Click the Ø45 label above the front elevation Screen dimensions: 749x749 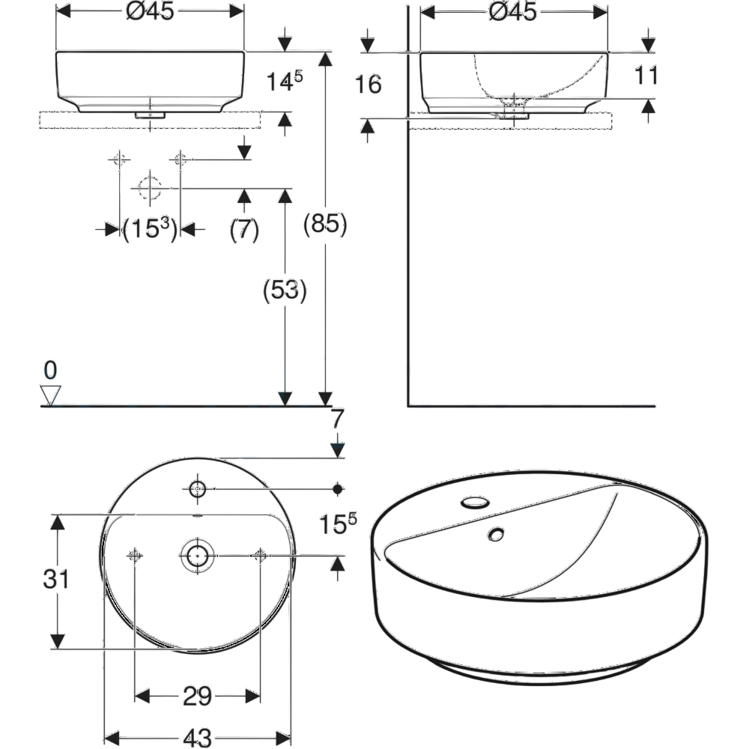[x=150, y=13]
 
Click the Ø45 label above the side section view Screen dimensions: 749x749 [x=513, y=13]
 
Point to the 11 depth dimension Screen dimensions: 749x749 [x=645, y=76]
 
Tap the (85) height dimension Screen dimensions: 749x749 [x=324, y=224]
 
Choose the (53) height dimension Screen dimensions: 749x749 [x=285, y=291]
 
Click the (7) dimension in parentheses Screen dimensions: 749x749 [x=244, y=229]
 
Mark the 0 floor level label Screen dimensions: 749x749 [x=50, y=369]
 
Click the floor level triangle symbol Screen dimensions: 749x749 [x=51, y=395]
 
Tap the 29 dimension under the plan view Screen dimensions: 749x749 [x=197, y=697]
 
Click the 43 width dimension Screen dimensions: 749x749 [x=197, y=737]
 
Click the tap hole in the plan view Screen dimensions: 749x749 [x=197, y=489]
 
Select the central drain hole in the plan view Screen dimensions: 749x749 [x=197, y=555]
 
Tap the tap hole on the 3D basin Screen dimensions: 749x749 [x=473, y=501]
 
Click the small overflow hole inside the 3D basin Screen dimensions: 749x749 [x=494, y=534]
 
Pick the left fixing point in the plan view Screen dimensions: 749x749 [x=134, y=555]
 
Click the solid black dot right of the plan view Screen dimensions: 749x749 [x=337, y=489]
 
